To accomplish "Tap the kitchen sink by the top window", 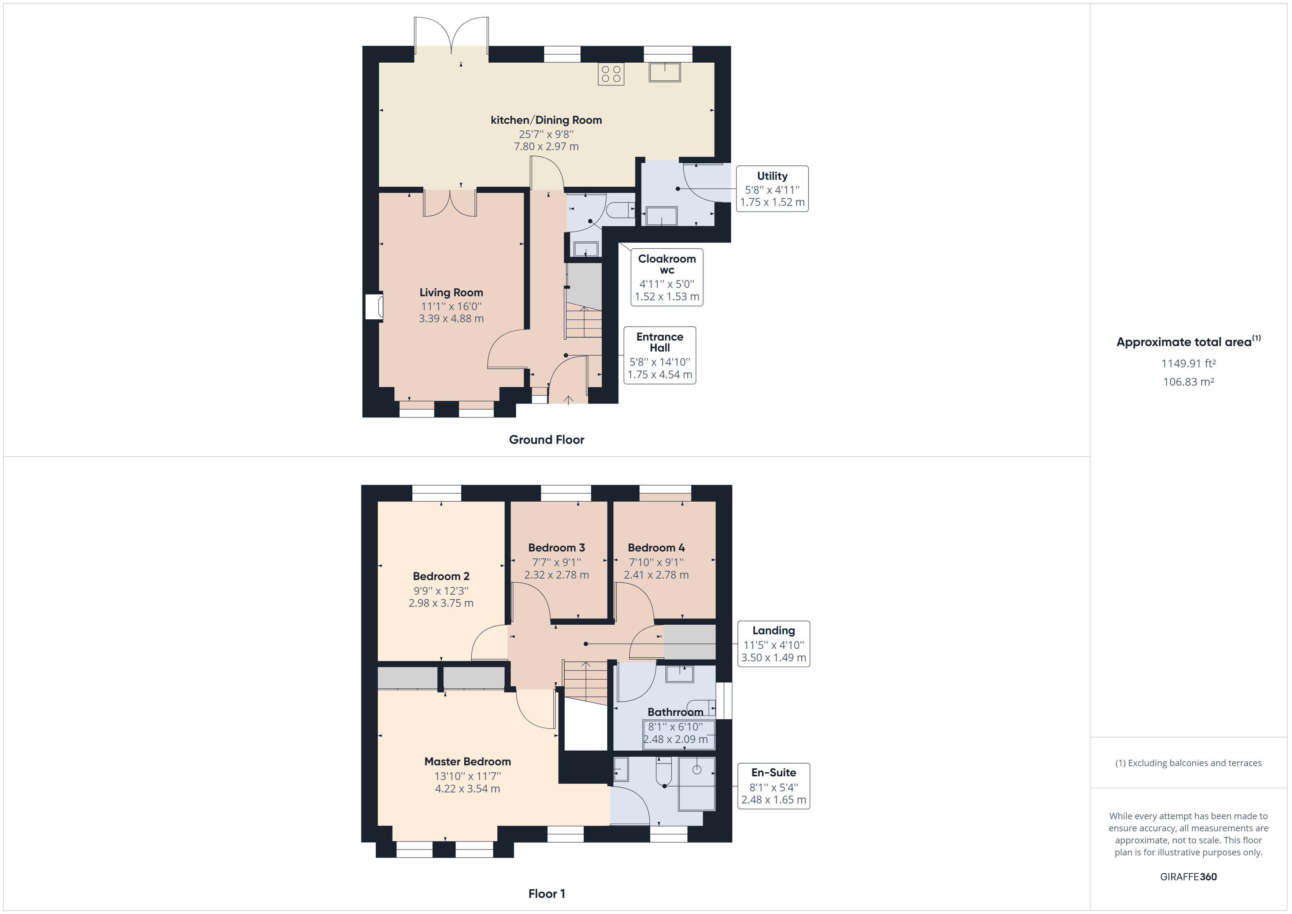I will [x=665, y=73].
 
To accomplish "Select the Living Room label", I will [x=451, y=293].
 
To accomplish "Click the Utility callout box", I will [x=772, y=189].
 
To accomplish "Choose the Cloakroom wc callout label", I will [x=667, y=264].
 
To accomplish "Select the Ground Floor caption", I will [x=546, y=439].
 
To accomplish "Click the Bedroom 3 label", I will [x=557, y=547].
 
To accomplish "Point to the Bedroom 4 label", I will [x=656, y=547].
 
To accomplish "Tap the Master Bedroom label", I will [x=468, y=761].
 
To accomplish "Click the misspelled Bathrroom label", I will [x=675, y=712].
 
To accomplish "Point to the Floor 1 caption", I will [x=546, y=893].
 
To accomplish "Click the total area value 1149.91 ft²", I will [x=1188, y=364].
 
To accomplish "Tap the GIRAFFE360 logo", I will [x=1188, y=876].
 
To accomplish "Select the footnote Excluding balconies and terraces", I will [x=1188, y=763].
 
